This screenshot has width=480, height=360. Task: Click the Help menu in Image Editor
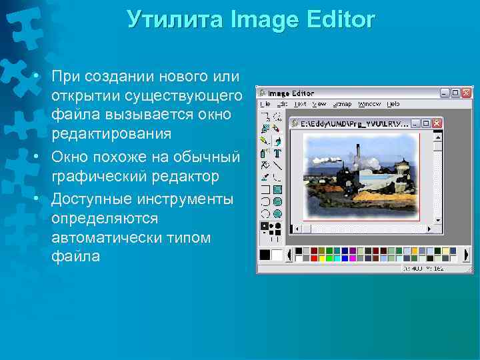click(393, 104)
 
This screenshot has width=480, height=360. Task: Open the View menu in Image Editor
click(320, 104)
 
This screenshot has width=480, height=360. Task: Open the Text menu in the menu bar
click(301, 104)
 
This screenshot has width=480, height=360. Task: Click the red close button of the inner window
click(437, 123)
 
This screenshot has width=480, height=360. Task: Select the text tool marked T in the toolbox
click(277, 153)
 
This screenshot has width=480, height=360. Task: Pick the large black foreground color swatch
click(265, 255)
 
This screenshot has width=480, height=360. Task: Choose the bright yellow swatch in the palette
click(414, 251)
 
